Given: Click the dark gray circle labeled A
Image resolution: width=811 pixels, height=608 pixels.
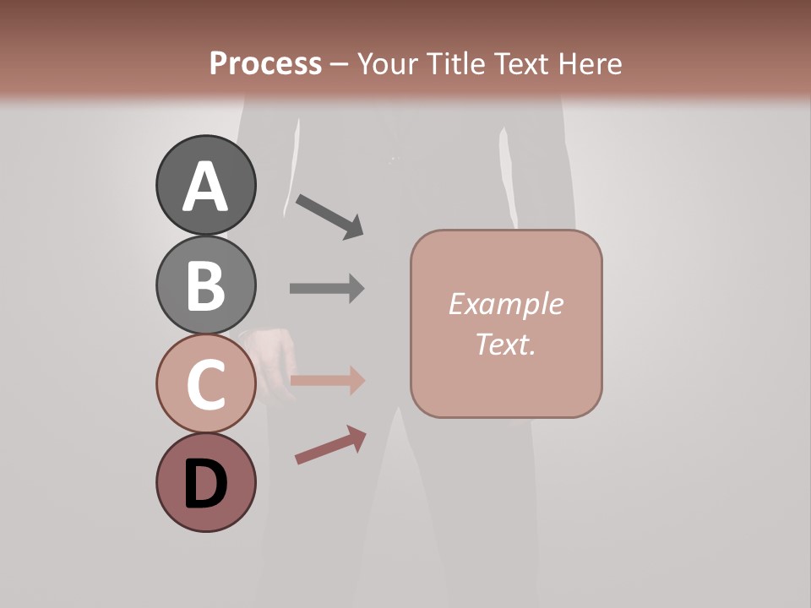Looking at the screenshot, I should (206, 185).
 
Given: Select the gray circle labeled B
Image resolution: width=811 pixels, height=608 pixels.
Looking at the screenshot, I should (206, 285).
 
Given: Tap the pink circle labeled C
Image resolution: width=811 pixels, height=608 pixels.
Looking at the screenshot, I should (206, 383).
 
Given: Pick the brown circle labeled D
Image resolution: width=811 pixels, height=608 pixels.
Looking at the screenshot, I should (206, 482).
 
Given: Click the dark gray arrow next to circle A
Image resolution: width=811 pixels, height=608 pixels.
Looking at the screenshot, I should (329, 216).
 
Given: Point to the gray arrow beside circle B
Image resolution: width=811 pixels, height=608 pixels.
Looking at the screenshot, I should (327, 288).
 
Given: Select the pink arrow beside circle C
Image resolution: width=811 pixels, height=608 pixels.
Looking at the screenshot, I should (327, 381).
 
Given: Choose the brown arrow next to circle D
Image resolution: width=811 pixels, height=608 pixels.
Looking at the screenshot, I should (330, 445).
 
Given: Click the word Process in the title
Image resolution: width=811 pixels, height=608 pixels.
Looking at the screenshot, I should (265, 63).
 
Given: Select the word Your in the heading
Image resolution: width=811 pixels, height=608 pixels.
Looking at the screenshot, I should (386, 63).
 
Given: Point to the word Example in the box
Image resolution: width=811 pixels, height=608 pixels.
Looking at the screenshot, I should (505, 304).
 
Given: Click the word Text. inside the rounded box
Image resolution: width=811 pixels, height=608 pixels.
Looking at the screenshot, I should (505, 345).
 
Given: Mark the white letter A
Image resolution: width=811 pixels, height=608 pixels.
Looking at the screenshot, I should (206, 187).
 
